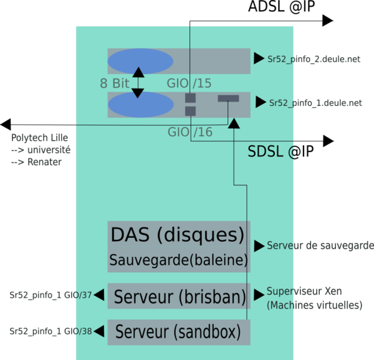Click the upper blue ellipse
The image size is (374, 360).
pos(140,61)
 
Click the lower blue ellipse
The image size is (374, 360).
pos(140,105)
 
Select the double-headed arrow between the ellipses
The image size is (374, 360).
pos(138,83)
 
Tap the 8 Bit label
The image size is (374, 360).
pos(114,83)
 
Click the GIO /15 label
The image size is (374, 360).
pos(189,83)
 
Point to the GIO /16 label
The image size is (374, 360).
pos(189,132)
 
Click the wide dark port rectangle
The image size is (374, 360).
pos(228,98)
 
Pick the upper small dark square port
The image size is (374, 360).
pos(191,98)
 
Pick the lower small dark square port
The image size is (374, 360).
pos(191,111)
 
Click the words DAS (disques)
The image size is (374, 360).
pos(178,235)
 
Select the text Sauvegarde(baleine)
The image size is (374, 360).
pos(178,260)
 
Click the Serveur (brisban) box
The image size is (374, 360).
pos(179,296)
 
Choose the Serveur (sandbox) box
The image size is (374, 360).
pos(179,332)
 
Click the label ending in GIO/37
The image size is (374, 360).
pos(50,295)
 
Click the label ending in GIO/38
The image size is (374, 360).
pos(50,331)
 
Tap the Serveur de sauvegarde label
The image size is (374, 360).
pos(319,245)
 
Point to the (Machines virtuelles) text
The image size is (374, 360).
pos(315,306)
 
